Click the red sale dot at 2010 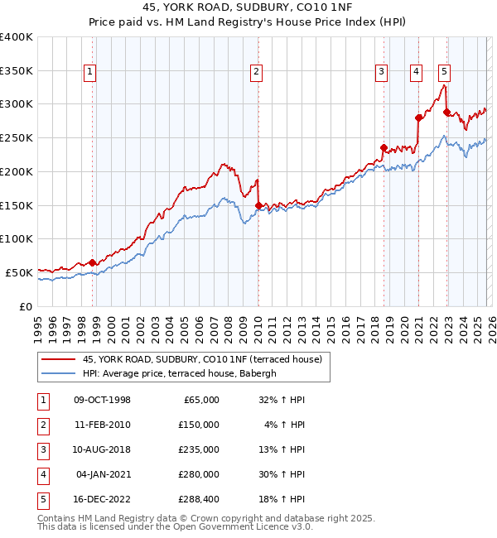[x=258, y=205]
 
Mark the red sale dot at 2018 [x=384, y=148]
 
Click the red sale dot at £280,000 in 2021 [x=418, y=118]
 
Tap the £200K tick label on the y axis [x=17, y=171]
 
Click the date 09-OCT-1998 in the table [x=102, y=400]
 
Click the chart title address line [x=248, y=9]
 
